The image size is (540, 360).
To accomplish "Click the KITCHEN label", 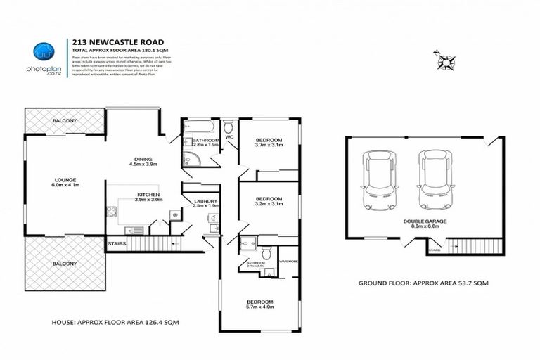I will click(x=148, y=194).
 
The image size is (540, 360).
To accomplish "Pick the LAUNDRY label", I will click(x=206, y=202).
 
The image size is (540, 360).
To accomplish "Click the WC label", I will click(x=229, y=136).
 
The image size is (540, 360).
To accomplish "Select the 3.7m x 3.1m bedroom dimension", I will click(x=269, y=146).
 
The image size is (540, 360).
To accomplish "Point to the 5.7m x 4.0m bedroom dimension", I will click(x=259, y=307).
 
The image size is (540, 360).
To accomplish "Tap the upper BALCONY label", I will click(x=64, y=122).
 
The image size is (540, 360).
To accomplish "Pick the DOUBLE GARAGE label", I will click(x=425, y=221).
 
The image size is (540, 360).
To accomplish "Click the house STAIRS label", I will click(x=117, y=244).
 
